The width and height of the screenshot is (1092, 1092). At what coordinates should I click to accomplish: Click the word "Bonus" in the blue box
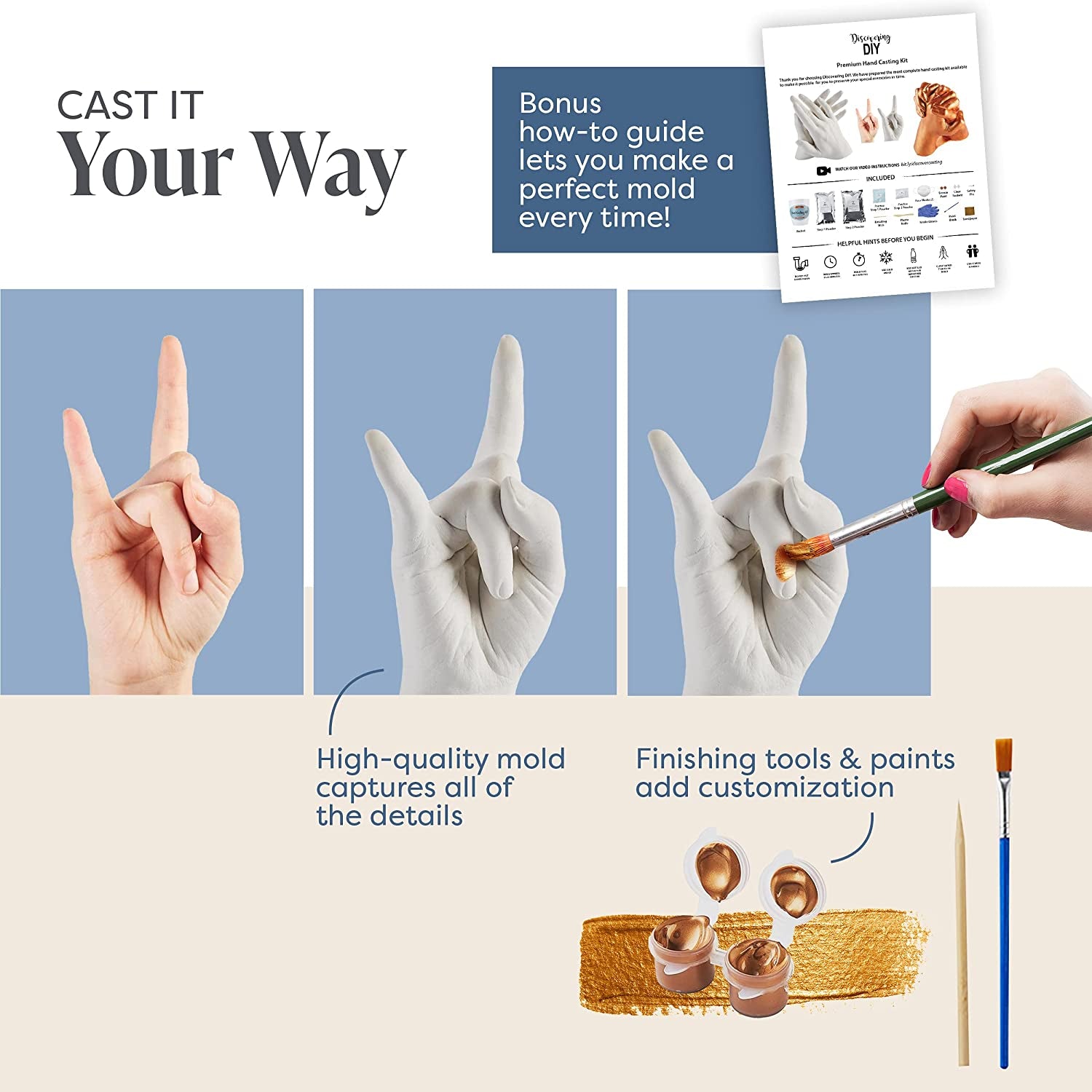click(560, 103)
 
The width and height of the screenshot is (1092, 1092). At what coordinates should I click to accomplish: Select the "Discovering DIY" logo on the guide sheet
click(871, 44)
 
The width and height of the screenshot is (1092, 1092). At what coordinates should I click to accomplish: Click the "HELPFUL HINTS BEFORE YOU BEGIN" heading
click(885, 241)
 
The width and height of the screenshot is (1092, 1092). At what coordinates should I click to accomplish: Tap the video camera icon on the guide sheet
click(823, 170)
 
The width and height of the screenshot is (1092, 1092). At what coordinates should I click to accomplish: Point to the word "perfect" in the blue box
click(563, 190)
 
